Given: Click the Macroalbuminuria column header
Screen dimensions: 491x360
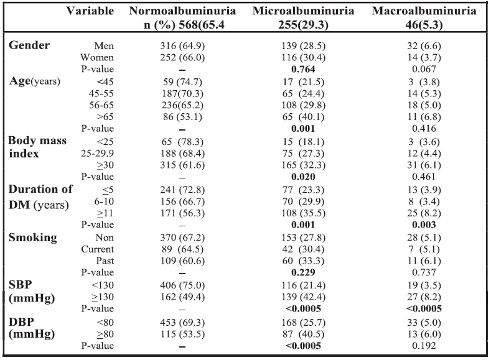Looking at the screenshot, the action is tap(424, 11).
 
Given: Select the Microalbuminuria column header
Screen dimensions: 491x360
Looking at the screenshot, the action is tap(303, 11).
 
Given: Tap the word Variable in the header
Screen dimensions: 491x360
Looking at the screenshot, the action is tap(90, 11).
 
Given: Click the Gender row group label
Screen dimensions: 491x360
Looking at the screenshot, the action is tap(29, 45).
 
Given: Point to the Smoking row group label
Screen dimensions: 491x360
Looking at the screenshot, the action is tap(32, 238).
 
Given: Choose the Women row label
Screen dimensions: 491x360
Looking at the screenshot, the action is tap(97, 58).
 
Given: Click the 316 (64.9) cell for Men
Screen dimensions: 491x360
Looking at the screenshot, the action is tap(182, 46).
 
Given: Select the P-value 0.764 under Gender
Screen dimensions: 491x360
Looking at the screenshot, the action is tap(303, 69).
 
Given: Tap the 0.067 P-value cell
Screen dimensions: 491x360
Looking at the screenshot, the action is tap(424, 69).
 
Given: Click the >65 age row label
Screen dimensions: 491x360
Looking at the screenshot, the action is tap(105, 117).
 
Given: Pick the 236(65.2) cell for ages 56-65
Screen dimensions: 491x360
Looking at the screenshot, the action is tap(182, 106).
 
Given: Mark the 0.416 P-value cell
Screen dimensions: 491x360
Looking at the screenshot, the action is tap(424, 129).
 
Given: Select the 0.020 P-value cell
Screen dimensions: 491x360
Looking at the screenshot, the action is tap(303, 177).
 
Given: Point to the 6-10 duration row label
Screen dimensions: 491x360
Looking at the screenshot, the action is tap(104, 201).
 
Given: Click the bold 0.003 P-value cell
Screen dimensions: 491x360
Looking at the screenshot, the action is tap(424, 225).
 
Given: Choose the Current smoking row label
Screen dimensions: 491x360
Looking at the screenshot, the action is tap(97, 249).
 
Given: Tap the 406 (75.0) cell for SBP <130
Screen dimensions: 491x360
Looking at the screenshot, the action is tap(182, 285).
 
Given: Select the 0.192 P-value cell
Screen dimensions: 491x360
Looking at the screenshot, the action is tap(424, 346).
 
